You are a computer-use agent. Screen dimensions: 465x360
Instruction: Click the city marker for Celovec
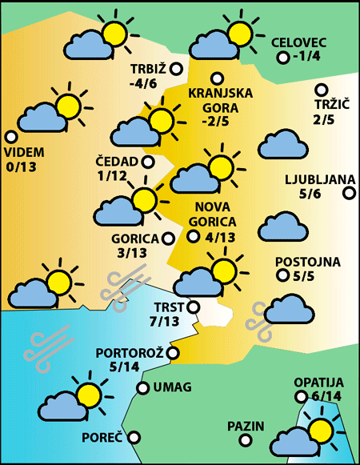click(x=282, y=58)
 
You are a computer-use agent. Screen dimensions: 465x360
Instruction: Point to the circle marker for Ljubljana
click(x=349, y=192)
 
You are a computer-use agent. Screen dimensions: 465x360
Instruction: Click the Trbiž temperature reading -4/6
click(x=147, y=82)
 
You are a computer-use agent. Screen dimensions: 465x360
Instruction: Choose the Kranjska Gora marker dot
click(x=216, y=78)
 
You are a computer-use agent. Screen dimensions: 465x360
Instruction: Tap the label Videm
click(x=24, y=153)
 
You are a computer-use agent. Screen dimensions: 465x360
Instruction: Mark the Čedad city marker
click(x=148, y=162)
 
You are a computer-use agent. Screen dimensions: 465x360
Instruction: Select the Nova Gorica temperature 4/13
click(x=220, y=236)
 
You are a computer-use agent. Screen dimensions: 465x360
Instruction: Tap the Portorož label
click(x=130, y=353)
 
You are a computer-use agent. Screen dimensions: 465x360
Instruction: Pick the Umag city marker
click(x=143, y=388)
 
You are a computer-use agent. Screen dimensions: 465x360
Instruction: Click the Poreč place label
click(x=102, y=438)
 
